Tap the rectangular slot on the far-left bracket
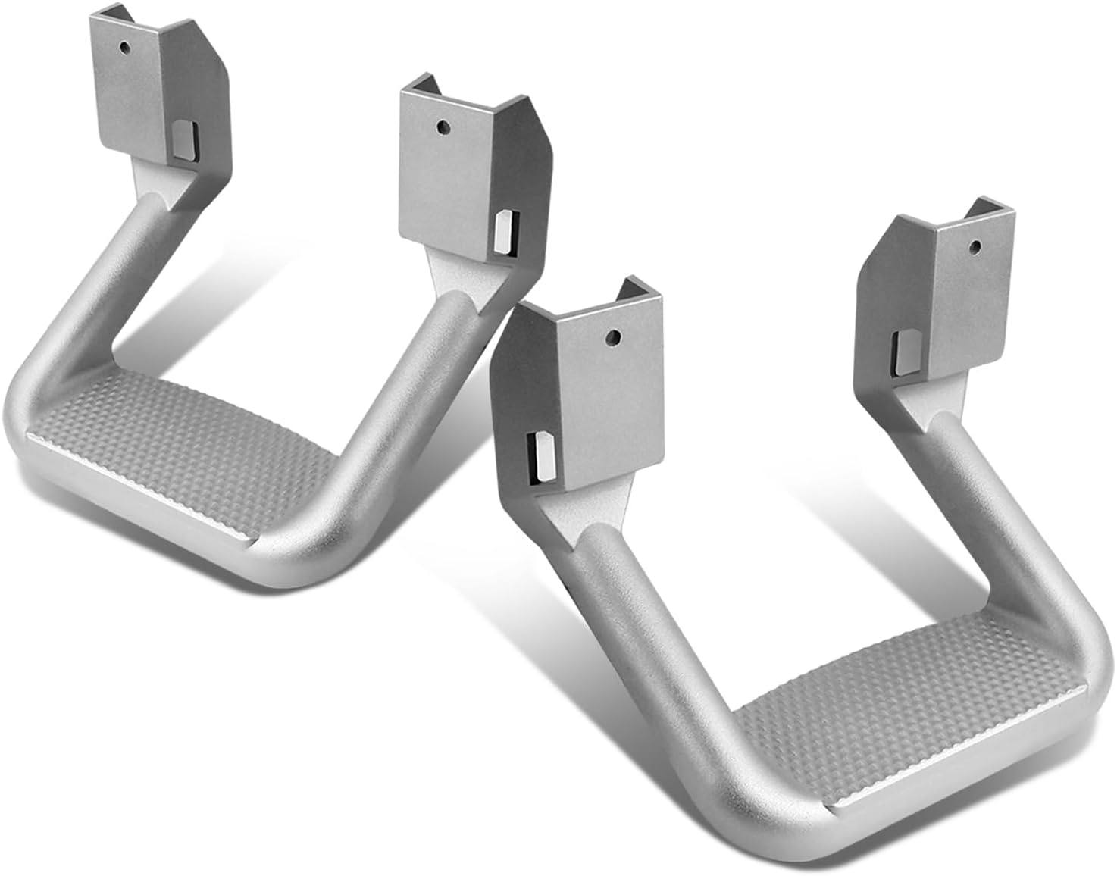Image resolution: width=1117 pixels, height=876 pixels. click(184, 142)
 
